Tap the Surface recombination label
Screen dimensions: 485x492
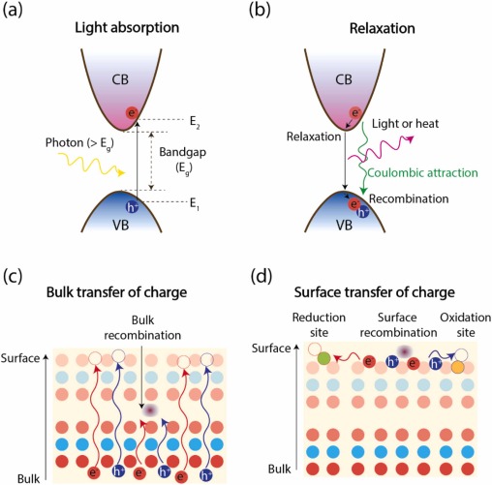tap(389, 328)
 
